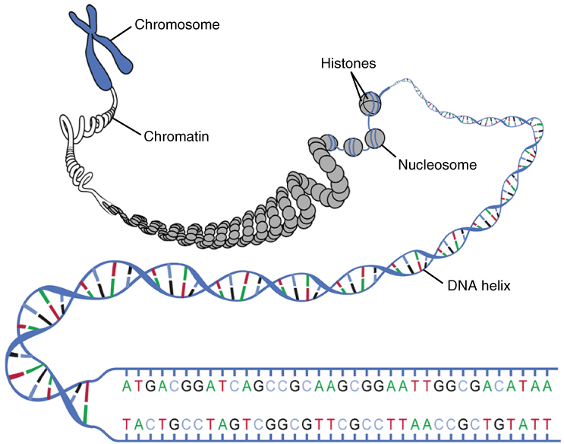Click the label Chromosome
point(177,25)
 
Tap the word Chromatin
point(176,137)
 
